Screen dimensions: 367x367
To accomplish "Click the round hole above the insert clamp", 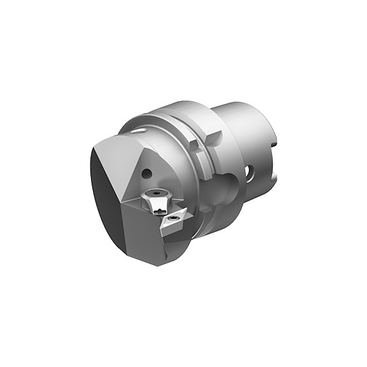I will pos(147,171).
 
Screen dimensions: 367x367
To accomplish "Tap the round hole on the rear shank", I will pos(250,170).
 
